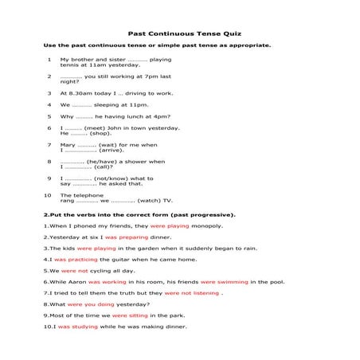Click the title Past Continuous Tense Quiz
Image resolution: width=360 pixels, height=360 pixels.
[179, 33]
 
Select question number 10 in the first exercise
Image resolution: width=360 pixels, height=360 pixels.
[48, 194]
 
